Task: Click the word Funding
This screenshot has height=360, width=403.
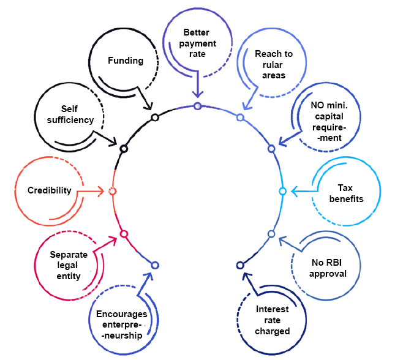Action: click(x=126, y=61)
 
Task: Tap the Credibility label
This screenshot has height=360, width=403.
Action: click(x=50, y=190)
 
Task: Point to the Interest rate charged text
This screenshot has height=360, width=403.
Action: click(x=272, y=320)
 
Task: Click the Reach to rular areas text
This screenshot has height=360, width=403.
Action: click(x=274, y=64)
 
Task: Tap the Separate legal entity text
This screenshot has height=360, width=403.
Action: click(x=66, y=265)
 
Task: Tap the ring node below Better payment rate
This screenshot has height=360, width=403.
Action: click(x=197, y=106)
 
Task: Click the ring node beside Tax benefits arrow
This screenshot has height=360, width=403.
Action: click(x=282, y=192)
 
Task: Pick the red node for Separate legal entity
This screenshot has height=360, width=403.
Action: click(x=124, y=234)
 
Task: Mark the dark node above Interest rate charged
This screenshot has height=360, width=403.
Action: click(x=239, y=265)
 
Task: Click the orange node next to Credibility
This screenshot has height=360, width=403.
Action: click(x=112, y=192)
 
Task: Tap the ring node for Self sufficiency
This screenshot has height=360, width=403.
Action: click(x=124, y=149)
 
